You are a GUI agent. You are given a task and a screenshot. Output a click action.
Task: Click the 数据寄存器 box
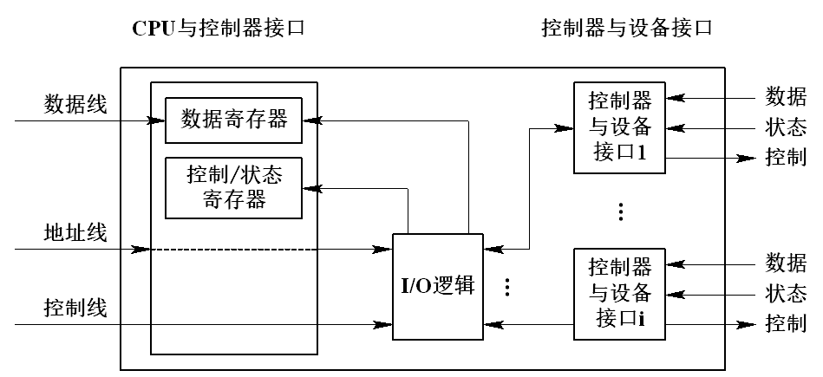pos(233,120)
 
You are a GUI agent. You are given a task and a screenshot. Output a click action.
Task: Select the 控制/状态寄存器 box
pos(233,188)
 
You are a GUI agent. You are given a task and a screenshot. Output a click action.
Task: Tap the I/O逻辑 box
pos(438,285)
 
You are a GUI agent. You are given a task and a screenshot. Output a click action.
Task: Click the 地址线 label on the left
pos(75,233)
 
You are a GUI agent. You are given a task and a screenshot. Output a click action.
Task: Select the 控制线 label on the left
pos(75,308)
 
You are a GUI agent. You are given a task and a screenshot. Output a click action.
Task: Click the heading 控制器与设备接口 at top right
pos(626,28)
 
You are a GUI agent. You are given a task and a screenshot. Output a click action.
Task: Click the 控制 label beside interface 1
pos(786,159)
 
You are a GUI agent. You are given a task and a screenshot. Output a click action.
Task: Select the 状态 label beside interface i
pos(786,293)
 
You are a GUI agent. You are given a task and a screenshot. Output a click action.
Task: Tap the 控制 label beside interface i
pos(786,324)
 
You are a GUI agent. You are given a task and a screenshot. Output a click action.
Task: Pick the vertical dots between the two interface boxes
pos(619,211)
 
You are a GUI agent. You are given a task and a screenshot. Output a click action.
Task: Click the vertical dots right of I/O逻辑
pos(508,287)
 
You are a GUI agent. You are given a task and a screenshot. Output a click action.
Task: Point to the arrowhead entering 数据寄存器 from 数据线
pos(159,120)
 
